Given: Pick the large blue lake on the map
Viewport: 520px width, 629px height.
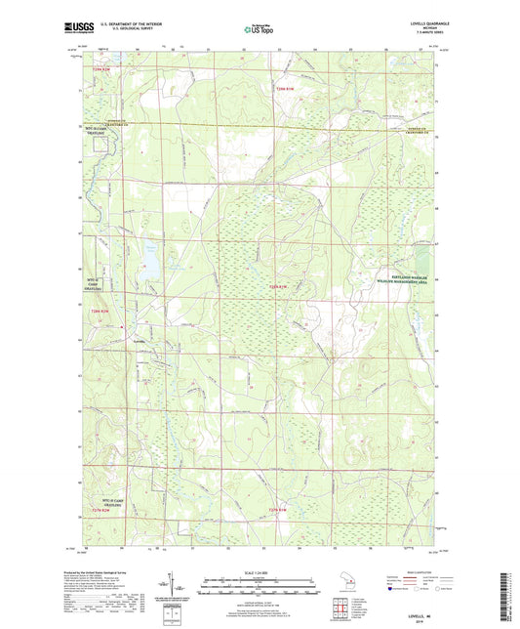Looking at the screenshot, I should click(x=151, y=260).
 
